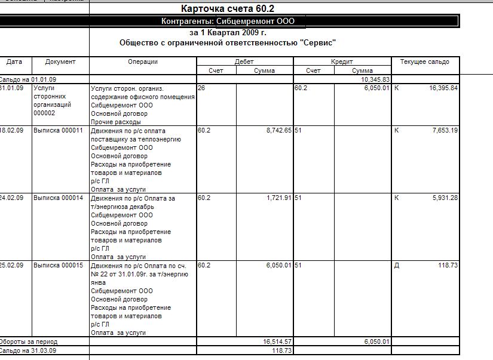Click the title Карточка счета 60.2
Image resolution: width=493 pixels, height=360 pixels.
tap(227, 9)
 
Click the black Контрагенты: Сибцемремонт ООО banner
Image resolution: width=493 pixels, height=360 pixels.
tap(228, 21)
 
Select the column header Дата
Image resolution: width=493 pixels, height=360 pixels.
tap(14, 61)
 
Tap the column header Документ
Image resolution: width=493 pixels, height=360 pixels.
tap(60, 61)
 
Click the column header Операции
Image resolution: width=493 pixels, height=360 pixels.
tap(143, 61)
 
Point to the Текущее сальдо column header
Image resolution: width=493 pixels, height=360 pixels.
tap(425, 61)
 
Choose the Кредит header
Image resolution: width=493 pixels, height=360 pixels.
tap(342, 61)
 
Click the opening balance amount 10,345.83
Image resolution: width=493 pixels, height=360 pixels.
tap(375, 79)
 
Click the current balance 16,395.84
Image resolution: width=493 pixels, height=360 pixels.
tap(443, 88)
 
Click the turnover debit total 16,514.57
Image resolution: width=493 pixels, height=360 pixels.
tap(277, 341)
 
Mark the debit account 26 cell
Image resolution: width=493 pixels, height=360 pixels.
tap(201, 88)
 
